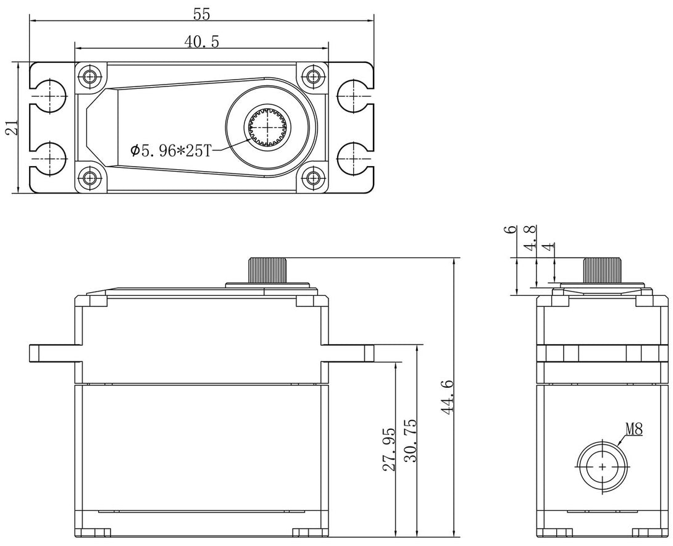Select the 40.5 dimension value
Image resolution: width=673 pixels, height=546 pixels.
[x=202, y=41]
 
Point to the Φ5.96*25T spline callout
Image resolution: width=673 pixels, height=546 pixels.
[x=170, y=150]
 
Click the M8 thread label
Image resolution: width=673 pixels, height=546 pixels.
[x=633, y=429]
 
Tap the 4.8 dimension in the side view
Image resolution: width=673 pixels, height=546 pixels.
[x=529, y=238]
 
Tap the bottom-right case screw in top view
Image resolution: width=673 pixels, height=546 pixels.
[x=313, y=178]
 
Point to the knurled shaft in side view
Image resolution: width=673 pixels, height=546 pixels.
[x=602, y=270]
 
